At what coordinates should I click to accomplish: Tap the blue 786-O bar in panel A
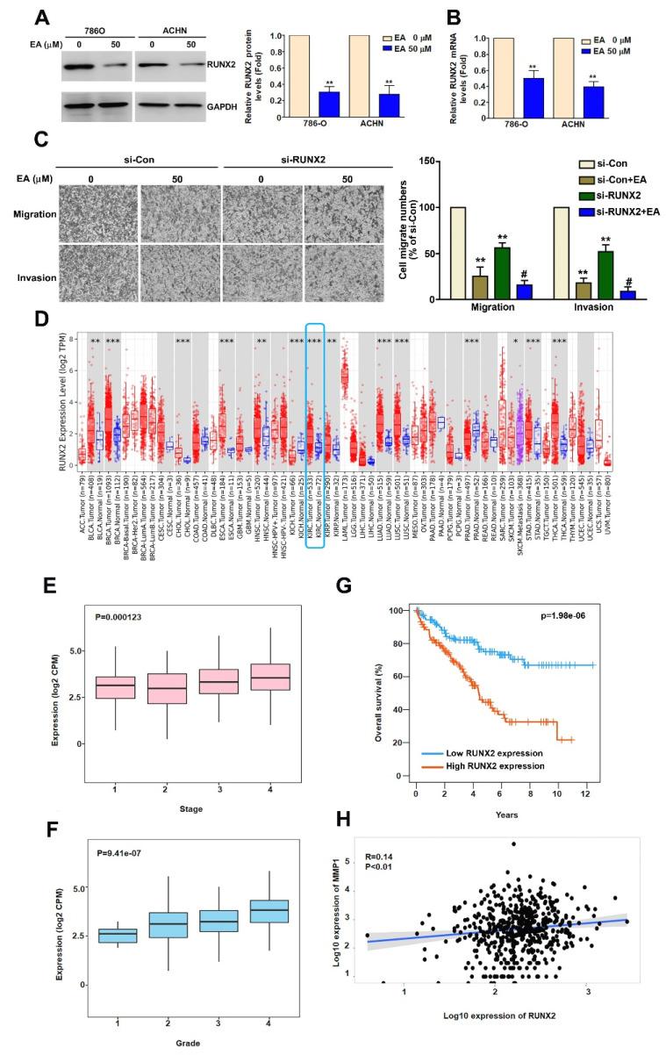click(x=304, y=104)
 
